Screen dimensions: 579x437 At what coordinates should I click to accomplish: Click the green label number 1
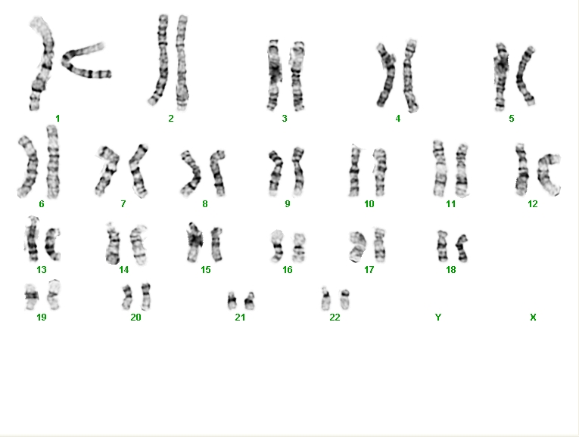(x=58, y=119)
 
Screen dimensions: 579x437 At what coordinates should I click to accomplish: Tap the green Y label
(x=438, y=317)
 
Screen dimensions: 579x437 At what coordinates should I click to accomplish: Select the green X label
(x=533, y=317)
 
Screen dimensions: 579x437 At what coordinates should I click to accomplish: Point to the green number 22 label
(x=335, y=317)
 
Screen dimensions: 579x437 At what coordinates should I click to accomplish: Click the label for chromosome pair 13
(x=42, y=270)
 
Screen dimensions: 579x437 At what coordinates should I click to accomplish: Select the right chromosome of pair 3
(x=297, y=76)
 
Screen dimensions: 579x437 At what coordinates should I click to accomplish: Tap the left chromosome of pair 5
(x=501, y=76)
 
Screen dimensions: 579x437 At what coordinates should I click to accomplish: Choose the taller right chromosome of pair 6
(x=53, y=162)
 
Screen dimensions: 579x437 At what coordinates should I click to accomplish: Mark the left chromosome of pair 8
(x=192, y=172)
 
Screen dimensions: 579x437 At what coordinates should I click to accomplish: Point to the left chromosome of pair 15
(x=195, y=242)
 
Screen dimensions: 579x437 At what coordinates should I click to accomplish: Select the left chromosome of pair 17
(x=357, y=246)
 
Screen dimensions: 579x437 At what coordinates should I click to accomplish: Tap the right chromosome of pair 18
(x=462, y=248)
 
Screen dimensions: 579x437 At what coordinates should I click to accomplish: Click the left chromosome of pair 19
(x=32, y=296)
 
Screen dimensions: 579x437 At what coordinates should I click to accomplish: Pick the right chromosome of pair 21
(x=250, y=301)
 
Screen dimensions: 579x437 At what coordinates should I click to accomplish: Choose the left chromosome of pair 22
(x=325, y=299)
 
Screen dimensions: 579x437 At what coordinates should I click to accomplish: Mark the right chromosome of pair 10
(x=381, y=172)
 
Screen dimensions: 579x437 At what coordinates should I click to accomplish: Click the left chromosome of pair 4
(x=386, y=76)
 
